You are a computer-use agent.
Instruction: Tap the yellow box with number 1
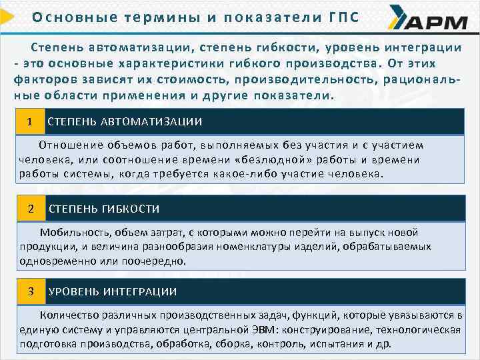(x=30, y=121)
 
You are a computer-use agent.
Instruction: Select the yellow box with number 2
(x=31, y=209)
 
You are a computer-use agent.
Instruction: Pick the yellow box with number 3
(x=31, y=291)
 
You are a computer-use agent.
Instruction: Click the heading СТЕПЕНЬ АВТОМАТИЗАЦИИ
(x=125, y=122)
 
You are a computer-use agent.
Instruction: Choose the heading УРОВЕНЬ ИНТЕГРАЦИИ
(x=113, y=292)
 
